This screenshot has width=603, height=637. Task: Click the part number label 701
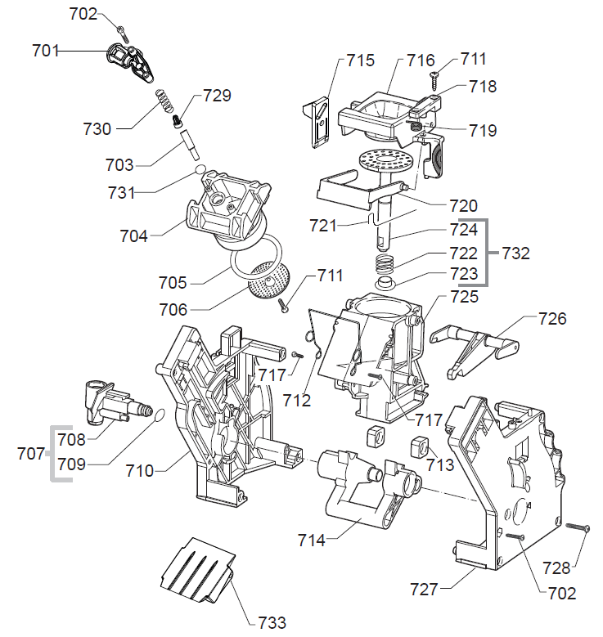tap(46, 51)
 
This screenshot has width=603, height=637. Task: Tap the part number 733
tap(271, 622)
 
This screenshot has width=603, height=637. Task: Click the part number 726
tap(551, 318)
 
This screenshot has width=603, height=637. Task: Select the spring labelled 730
tap(167, 104)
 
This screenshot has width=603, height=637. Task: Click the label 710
tap(142, 471)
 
